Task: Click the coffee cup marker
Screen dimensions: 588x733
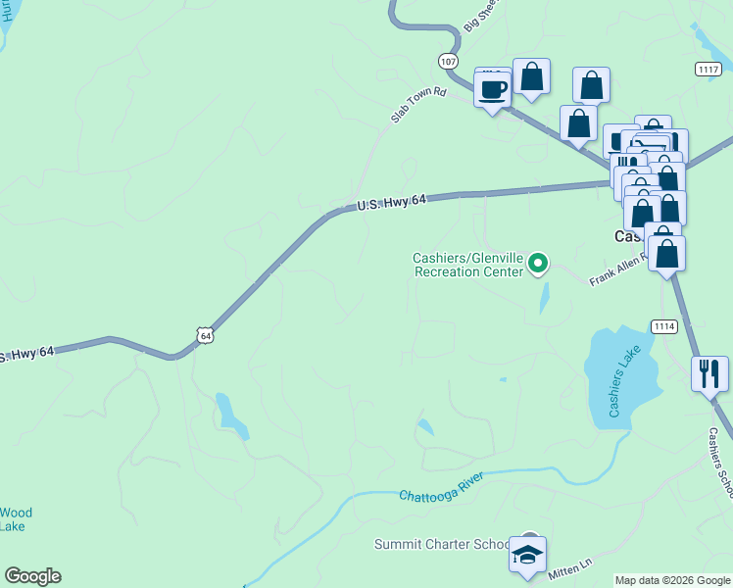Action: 491,89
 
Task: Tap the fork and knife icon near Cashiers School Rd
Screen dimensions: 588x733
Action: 709,373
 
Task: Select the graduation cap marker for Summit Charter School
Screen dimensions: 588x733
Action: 528,555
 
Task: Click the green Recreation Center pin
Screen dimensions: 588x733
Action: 537,263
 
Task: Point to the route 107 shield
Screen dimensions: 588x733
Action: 448,61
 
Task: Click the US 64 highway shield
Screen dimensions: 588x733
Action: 204,334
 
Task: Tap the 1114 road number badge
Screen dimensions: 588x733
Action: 663,325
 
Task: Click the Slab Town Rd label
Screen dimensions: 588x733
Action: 418,105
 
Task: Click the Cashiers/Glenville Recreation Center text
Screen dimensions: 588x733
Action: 467,265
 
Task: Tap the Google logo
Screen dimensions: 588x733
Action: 32,576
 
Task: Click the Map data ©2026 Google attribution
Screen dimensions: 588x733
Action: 672,580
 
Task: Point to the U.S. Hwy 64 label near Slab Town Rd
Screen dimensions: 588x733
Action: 391,202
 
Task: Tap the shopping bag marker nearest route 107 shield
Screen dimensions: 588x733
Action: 530,75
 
